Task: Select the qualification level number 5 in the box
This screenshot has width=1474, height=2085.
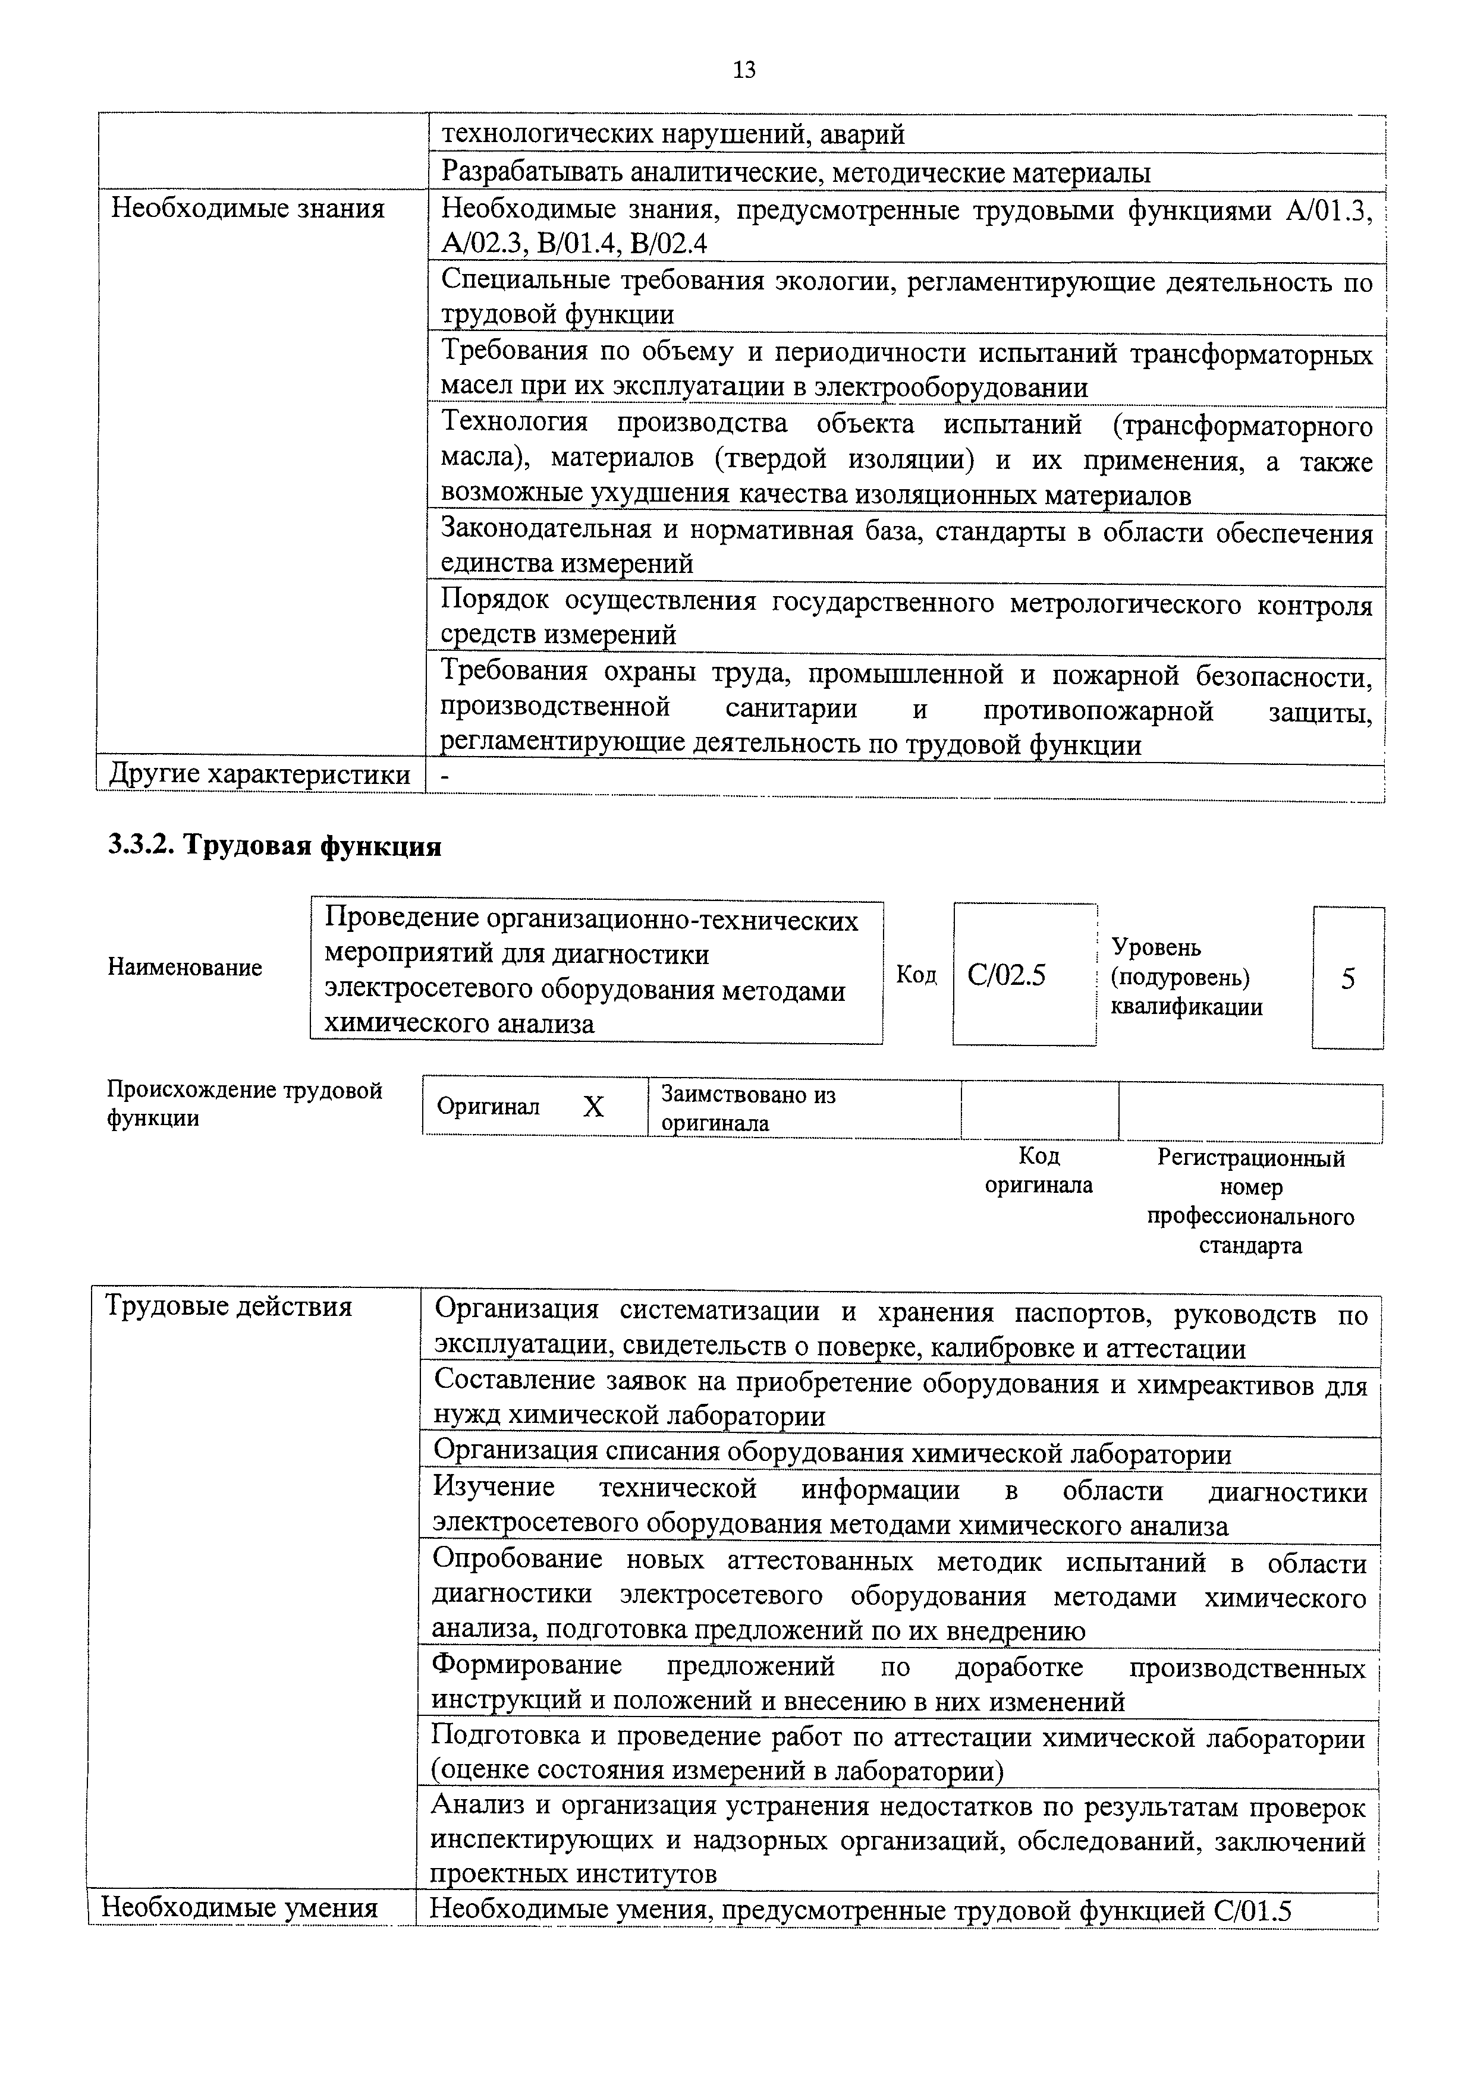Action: (1348, 978)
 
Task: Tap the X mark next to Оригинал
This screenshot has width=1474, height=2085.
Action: (593, 1106)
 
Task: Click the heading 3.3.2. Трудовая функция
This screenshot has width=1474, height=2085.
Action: (274, 846)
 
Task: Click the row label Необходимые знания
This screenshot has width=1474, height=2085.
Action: (247, 209)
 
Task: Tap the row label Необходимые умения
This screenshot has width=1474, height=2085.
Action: (239, 1907)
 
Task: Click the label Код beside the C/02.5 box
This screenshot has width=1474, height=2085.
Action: (916, 974)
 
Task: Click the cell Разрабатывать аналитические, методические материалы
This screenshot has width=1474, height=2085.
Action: (796, 172)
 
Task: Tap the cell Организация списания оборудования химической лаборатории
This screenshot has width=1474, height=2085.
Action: (832, 1454)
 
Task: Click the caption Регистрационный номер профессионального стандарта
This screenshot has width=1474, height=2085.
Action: (1250, 1201)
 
